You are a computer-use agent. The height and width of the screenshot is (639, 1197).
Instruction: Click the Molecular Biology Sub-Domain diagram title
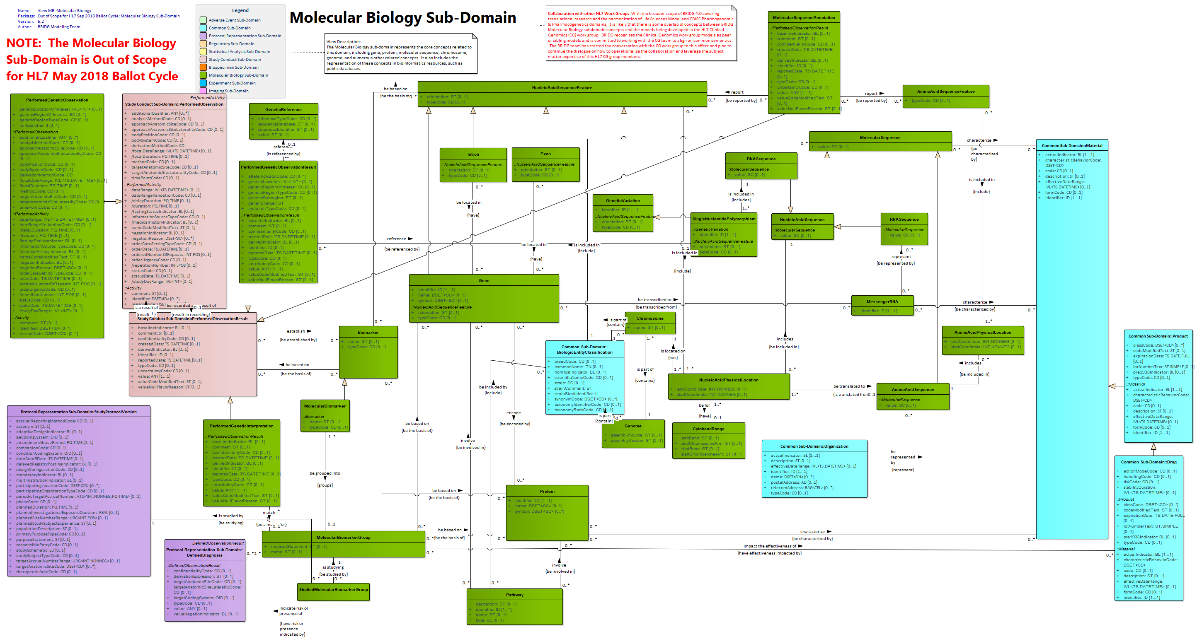tap(402, 18)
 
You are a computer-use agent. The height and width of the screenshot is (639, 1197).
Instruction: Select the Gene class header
tap(484, 280)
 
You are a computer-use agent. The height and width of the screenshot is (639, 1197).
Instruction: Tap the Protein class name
tap(547, 491)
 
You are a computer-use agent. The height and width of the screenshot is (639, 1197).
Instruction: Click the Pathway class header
tap(514, 595)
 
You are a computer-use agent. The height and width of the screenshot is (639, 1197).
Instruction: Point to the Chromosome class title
tap(649, 318)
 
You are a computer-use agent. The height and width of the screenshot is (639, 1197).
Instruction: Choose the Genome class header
tap(633, 426)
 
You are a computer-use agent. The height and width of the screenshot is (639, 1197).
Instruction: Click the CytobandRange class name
tap(709, 429)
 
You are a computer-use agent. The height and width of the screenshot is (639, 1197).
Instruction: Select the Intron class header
tap(473, 154)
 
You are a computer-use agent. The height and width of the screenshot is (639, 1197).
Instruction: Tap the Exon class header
tap(545, 154)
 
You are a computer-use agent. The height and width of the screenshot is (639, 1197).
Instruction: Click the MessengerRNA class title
tap(882, 302)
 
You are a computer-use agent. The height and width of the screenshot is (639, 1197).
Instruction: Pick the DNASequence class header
tap(761, 159)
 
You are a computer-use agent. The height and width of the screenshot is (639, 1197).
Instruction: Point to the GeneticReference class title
tap(283, 110)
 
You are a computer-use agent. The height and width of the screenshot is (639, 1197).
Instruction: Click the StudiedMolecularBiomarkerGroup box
tap(334, 590)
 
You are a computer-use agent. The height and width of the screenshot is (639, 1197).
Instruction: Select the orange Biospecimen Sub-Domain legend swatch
tap(203, 68)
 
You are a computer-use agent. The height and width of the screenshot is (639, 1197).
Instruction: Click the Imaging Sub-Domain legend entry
tap(228, 91)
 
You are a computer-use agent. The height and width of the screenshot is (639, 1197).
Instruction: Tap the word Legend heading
tap(240, 10)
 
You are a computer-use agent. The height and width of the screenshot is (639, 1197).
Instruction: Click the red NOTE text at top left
tap(92, 60)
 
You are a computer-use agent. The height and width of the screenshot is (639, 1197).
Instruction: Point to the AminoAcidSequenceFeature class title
tap(945, 92)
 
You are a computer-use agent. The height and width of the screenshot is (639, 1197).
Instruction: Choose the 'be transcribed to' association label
tap(654, 300)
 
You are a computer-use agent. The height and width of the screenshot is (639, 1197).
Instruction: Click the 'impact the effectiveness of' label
tap(770, 546)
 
